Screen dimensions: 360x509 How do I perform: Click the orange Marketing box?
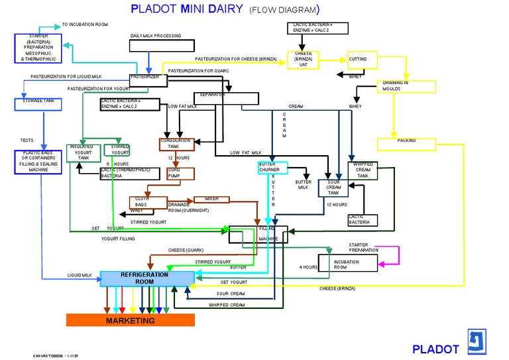131,321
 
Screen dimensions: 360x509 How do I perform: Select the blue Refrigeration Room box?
144,278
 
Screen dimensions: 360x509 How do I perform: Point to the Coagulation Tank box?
175,143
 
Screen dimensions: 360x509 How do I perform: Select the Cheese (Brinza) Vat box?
304,60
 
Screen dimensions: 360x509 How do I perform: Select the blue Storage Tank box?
38,104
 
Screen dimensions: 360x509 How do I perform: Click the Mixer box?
211,199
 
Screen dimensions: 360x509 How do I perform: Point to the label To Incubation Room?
85,25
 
